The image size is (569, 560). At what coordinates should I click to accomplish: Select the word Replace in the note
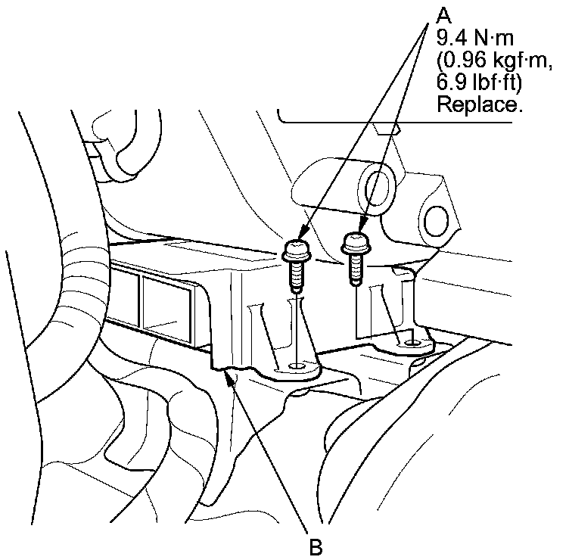pyautogui.click(x=479, y=105)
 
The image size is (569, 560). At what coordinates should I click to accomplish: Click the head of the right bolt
pyautogui.click(x=355, y=243)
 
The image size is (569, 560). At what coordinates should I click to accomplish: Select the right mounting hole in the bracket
pyautogui.click(x=411, y=343)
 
